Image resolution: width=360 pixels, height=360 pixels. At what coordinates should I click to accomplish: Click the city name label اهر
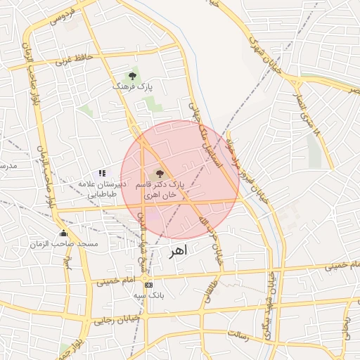tap(179, 252)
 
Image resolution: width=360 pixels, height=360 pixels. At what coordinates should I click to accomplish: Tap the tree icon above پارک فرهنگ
tap(132, 75)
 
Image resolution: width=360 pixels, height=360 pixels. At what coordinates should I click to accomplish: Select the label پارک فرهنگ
tap(132, 86)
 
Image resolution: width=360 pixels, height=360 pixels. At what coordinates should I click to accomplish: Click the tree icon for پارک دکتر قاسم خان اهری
tap(160, 173)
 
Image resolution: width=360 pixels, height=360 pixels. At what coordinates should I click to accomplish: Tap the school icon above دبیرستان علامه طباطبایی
tap(102, 172)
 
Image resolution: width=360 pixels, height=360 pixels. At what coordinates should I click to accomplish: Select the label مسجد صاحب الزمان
tap(64, 244)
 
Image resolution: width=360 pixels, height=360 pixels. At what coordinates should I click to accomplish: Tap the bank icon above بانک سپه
tap(148, 285)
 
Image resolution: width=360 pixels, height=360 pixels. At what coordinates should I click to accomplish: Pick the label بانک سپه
tap(149, 296)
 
